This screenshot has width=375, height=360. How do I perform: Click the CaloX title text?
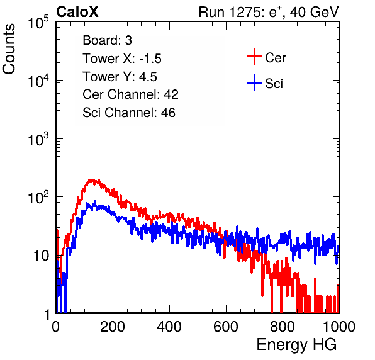(x=77, y=12)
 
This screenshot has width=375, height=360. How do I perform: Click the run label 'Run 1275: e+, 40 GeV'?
(x=269, y=12)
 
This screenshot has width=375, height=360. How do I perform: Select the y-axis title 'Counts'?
(x=9, y=49)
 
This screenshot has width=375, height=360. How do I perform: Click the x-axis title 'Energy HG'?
(x=296, y=344)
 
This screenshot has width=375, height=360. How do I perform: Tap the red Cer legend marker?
(x=254, y=57)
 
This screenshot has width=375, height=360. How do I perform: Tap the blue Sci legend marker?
(x=254, y=83)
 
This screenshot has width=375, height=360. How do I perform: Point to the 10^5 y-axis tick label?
(x=38, y=23)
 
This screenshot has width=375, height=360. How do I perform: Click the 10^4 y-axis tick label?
(x=38, y=81)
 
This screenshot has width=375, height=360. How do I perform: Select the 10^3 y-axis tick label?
(x=38, y=139)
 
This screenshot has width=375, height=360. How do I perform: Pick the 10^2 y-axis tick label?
(x=38, y=198)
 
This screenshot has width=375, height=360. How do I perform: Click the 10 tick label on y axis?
(x=42, y=256)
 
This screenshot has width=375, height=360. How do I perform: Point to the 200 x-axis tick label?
(x=113, y=327)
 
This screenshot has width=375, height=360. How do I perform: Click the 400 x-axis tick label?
(x=169, y=327)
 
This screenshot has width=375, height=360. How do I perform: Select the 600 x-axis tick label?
(x=226, y=327)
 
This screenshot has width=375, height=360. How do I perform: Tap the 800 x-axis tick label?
(x=283, y=327)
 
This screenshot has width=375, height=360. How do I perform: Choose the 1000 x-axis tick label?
(x=339, y=327)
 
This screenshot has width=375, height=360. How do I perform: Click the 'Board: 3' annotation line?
(x=107, y=40)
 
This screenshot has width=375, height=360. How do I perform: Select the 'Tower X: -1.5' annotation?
(x=122, y=59)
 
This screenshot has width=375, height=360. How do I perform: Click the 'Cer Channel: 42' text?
(x=131, y=94)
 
